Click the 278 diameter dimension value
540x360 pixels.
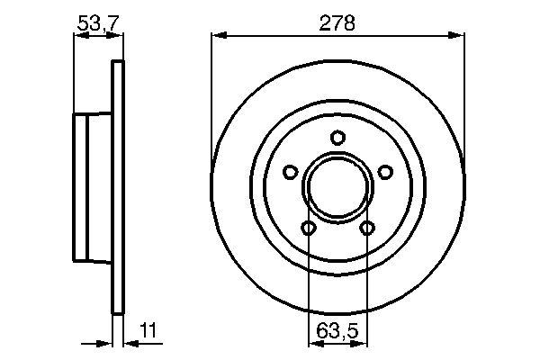(337, 23)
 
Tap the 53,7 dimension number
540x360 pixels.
(98, 23)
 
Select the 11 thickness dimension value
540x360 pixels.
(148, 330)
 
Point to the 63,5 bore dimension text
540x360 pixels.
(337, 331)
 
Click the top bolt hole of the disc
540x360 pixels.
(337, 138)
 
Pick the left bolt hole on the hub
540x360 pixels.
(291, 172)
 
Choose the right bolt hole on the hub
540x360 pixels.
(385, 172)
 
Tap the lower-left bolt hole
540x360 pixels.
(308, 228)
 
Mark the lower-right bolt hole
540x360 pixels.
(367, 228)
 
